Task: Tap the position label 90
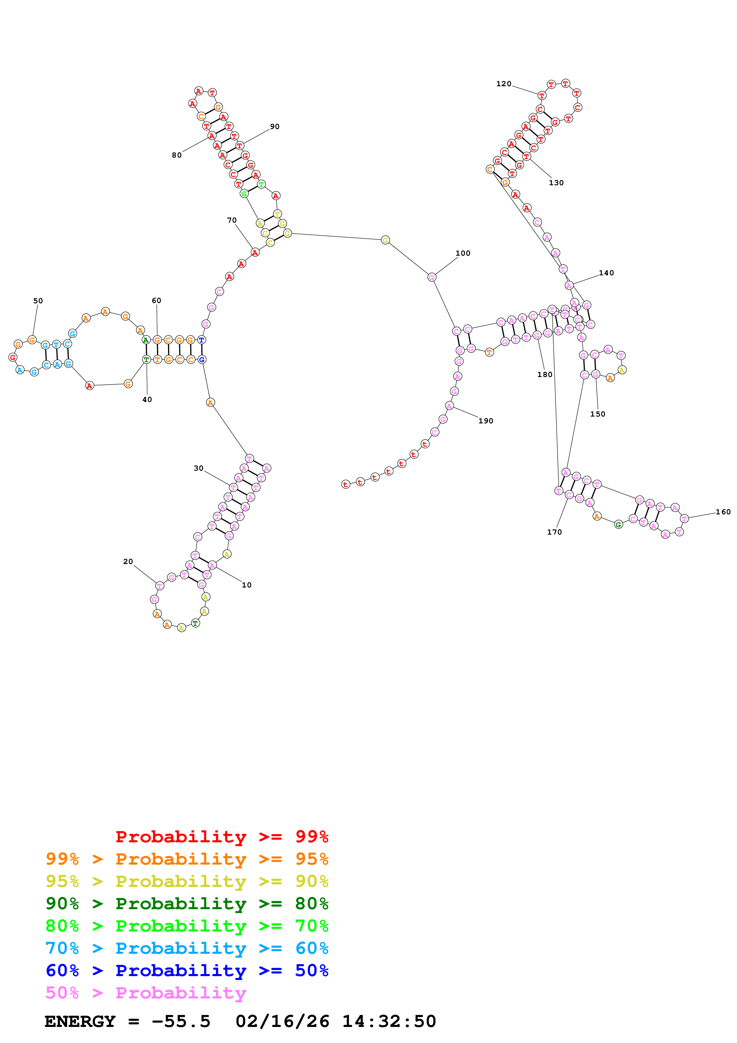(275, 127)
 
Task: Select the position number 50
(38, 301)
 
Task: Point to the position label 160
(723, 512)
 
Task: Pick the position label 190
(485, 421)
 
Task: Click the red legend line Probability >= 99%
(221, 837)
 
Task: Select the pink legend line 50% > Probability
(146, 993)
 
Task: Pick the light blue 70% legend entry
(187, 948)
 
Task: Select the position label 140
(606, 273)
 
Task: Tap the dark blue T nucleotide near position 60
(202, 340)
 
